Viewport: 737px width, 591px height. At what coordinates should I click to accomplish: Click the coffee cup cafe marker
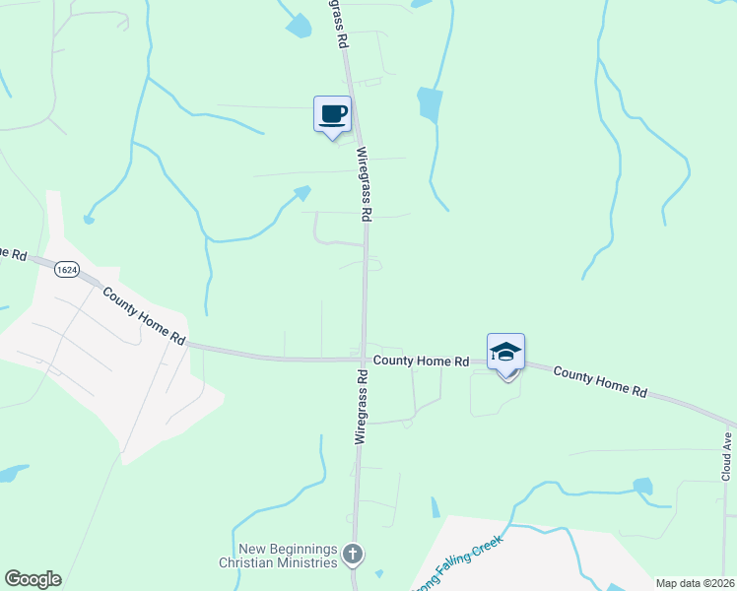click(332, 113)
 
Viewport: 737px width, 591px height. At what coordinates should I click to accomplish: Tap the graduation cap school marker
click(505, 352)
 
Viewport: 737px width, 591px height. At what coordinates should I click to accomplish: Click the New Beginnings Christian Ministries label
click(288, 555)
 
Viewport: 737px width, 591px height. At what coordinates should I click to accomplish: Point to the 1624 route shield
click(67, 269)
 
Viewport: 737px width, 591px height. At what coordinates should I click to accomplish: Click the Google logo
click(33, 579)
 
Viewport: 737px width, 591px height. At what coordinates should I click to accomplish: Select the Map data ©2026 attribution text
click(694, 583)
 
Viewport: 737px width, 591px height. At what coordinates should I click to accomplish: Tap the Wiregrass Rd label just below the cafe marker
click(365, 184)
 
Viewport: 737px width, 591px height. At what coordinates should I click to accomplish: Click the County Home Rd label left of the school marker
click(421, 361)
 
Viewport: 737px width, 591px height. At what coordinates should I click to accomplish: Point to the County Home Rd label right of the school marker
click(599, 381)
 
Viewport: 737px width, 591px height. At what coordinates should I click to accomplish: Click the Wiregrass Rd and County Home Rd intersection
click(364, 360)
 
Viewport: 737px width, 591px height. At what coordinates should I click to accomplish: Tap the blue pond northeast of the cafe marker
click(430, 103)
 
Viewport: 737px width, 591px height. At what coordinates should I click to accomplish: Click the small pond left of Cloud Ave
click(642, 486)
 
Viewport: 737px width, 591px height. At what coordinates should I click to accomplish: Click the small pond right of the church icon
click(379, 573)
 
